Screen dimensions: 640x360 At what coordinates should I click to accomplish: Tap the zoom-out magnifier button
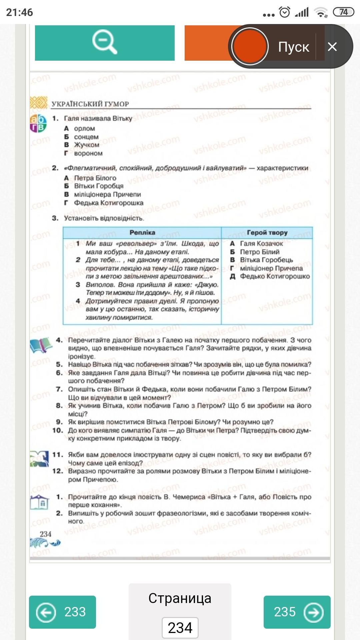click(x=105, y=43)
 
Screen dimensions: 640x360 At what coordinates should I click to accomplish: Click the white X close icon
click(x=332, y=47)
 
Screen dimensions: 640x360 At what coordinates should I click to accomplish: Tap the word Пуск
click(x=294, y=47)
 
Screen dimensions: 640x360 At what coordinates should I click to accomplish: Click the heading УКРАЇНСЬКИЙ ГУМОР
click(x=90, y=104)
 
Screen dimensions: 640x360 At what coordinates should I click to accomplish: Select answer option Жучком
click(x=87, y=145)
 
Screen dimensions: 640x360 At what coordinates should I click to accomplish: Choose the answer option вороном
click(x=88, y=153)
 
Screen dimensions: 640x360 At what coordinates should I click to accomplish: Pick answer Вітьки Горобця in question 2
click(x=99, y=186)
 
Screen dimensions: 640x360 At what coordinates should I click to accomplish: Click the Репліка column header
click(x=142, y=233)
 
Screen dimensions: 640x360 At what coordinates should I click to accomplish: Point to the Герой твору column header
click(x=267, y=233)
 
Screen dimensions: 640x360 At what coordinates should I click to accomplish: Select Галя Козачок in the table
click(x=261, y=244)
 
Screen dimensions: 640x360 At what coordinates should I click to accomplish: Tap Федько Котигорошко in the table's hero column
click(x=275, y=276)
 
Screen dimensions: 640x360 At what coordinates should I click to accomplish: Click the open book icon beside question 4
click(x=41, y=345)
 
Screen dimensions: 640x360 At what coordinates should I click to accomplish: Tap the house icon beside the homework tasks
click(x=40, y=502)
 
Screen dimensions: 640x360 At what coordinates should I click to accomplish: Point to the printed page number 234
click(x=46, y=534)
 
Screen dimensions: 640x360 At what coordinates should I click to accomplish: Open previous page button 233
click(x=62, y=612)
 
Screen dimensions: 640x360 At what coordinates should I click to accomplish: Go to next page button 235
click(x=297, y=612)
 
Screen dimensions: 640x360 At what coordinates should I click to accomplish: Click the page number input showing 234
click(x=180, y=628)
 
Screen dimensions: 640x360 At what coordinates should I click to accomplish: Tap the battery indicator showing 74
click(x=343, y=12)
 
